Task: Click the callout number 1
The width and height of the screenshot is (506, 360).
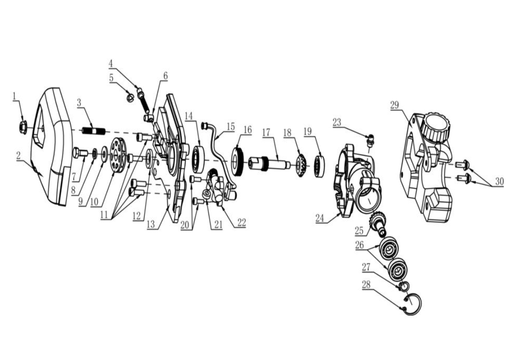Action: click(14, 96)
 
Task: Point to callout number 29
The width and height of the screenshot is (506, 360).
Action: click(395, 105)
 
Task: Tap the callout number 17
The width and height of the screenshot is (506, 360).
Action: click(266, 133)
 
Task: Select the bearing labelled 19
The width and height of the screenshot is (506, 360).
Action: click(319, 166)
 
